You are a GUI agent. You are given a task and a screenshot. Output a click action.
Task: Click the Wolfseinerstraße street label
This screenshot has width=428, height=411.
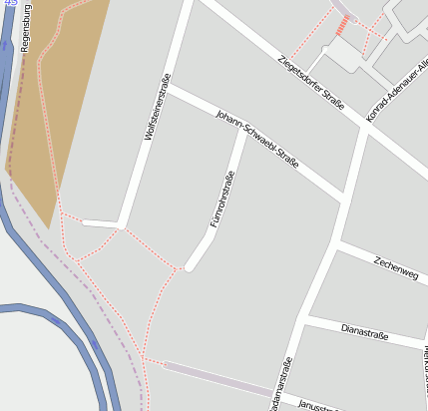pyautogui.click(x=157, y=106)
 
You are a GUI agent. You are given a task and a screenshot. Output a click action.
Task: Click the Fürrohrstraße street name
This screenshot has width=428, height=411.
pyautogui.click(x=221, y=200)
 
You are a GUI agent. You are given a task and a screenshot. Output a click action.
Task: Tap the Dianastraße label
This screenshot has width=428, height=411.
pyautogui.click(x=364, y=330)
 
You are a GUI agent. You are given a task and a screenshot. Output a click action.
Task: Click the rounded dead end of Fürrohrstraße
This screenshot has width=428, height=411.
pyautogui.click(x=190, y=266)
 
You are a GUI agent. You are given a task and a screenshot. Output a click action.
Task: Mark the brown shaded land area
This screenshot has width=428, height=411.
pyautogui.click(x=55, y=100)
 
